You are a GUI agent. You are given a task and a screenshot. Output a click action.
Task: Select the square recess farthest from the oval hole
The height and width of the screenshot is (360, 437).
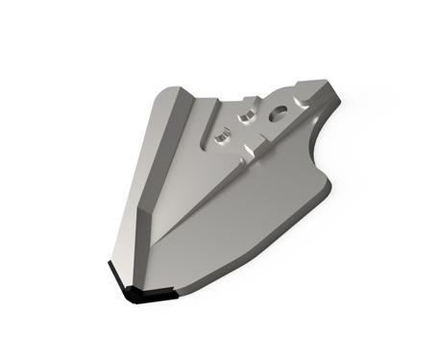(x=221, y=139)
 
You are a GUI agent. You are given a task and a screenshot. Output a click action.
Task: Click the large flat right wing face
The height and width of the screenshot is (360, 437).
(x=240, y=221)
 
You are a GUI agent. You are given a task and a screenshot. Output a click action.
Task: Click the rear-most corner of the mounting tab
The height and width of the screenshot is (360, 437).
(x=329, y=84)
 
